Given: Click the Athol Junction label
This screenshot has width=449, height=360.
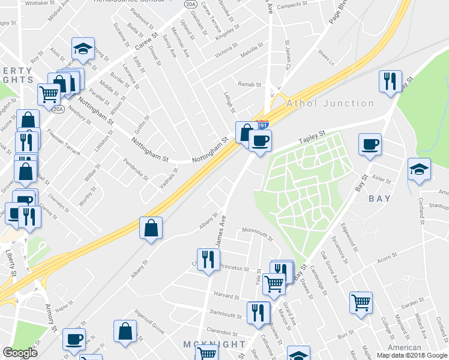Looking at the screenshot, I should click(330, 103).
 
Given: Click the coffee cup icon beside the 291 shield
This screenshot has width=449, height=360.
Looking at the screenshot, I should click(260, 141).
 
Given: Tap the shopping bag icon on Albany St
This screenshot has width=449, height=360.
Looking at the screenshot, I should click(151, 227).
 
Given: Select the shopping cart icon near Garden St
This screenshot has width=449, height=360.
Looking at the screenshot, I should click(361, 302).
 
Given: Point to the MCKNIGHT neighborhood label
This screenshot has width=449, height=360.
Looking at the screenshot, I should click(214, 344).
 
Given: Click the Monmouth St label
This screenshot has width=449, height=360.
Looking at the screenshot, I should click(257, 231).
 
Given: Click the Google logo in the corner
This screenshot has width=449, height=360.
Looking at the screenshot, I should click(20, 353).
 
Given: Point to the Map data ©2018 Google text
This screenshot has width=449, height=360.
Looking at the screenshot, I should click(412, 355).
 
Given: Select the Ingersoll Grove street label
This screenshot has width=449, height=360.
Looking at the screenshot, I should click(149, 322).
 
